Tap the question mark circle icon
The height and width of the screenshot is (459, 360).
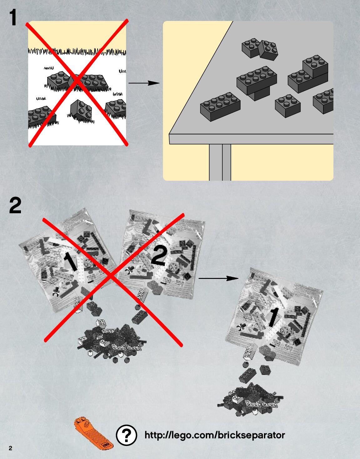[126, 435]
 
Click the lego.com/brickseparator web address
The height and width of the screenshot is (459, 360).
[215, 435]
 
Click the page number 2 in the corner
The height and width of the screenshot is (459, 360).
[11, 448]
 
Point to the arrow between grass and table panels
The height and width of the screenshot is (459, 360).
[144, 83]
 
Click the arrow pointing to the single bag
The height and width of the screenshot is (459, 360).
[218, 278]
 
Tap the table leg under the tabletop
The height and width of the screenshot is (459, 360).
[220, 162]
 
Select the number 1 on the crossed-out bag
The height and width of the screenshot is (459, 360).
[71, 261]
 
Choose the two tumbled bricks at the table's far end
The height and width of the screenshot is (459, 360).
[260, 49]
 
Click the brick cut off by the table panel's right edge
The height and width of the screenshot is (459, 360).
[323, 101]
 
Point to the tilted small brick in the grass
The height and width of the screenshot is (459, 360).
[81, 110]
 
